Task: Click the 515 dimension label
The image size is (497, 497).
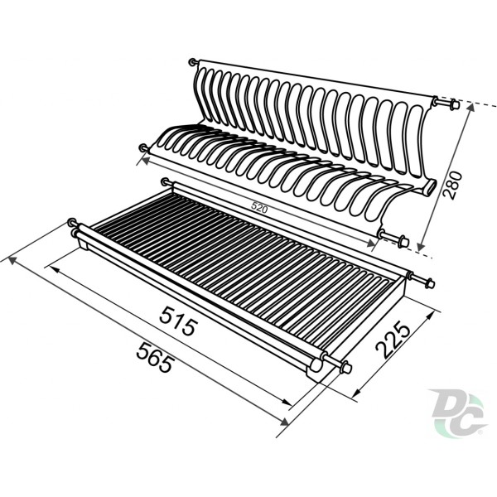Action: coord(178,321)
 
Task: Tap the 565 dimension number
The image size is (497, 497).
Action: coord(156,357)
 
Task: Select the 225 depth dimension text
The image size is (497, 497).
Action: coord(393,340)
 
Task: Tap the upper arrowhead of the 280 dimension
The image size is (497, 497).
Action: coord(470,107)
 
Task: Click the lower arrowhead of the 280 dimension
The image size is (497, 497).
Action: coord(421,246)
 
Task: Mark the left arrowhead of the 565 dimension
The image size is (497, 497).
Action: coord(12,261)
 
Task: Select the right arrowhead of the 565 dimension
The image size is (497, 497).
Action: coord(284,422)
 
